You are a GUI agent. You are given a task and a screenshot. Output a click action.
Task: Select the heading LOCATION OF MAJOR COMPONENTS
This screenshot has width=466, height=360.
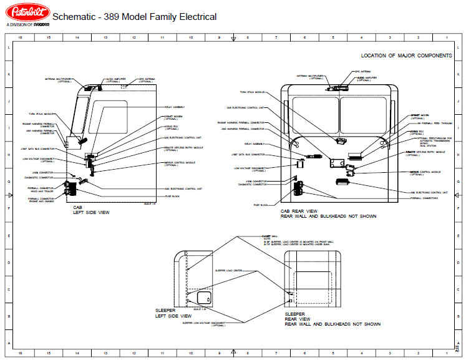pyautogui.click(x=406, y=56)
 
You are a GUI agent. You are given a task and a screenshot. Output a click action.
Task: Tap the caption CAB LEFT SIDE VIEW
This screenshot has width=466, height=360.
pyautogui.click(x=91, y=210)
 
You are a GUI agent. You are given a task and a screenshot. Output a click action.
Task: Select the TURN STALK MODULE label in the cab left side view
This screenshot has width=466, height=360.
pyautogui.click(x=41, y=114)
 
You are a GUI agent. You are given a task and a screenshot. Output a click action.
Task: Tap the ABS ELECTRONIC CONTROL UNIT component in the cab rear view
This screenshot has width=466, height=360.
pyautogui.click(x=342, y=182)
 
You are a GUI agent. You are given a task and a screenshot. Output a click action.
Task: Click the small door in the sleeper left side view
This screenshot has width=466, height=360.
pyautogui.click(x=204, y=298)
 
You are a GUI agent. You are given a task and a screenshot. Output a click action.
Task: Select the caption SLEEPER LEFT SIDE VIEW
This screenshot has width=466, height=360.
pyautogui.click(x=175, y=313)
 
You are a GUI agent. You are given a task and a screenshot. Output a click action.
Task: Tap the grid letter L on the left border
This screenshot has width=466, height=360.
pyautogui.click(x=7, y=48)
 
